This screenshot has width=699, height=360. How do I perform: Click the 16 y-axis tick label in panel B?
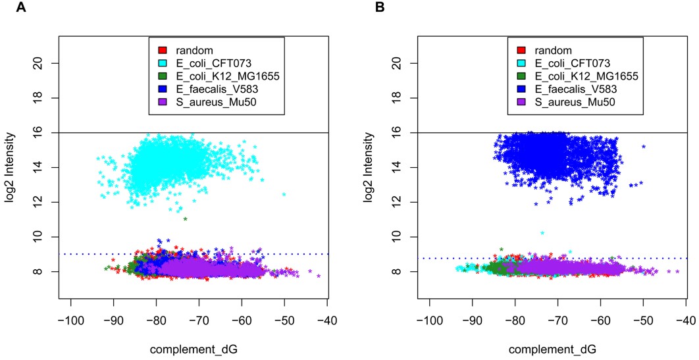(388, 133)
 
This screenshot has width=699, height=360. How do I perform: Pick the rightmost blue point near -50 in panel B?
(643, 146)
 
